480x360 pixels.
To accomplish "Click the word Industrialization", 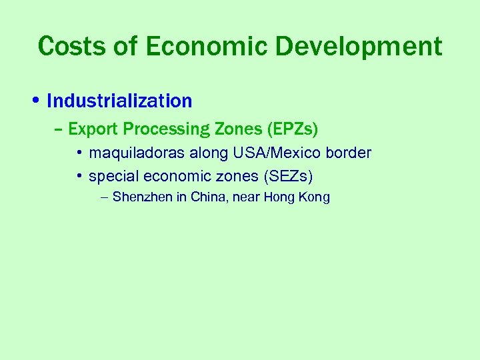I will pos(120,101).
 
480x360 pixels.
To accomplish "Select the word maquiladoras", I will pos(137,153).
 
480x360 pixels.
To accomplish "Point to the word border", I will pos(349,153).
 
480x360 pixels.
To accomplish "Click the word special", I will pos(112,177).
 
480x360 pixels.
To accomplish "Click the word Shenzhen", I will pos(143,197).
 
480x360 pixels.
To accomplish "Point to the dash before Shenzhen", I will pos(104,198).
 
